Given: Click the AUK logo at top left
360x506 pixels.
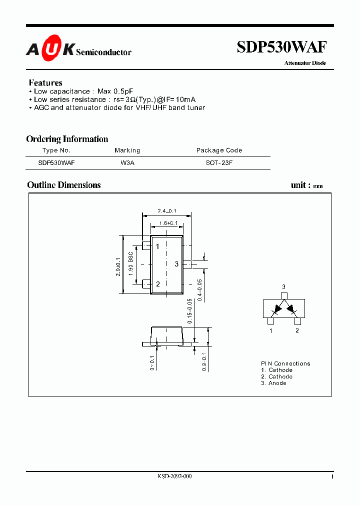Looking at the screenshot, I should point(50,49).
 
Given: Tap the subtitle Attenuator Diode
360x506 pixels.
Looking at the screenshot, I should point(305,63).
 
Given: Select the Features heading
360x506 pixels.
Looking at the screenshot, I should point(45,82).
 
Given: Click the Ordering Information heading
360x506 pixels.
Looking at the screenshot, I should point(67,139).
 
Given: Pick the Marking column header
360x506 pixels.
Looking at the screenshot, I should point(127,150).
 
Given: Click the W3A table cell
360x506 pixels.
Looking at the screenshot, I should point(127,163).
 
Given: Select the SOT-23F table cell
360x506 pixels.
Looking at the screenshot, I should point(219,163).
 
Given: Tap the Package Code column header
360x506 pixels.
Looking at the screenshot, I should point(219,150).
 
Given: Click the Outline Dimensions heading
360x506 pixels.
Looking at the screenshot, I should point(64,185).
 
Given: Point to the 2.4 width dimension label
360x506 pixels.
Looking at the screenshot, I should point(167,211).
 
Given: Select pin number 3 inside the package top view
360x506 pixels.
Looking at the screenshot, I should point(176,264).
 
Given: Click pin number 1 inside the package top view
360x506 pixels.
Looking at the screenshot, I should point(157,246).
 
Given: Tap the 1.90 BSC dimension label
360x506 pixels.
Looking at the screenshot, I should point(131,264).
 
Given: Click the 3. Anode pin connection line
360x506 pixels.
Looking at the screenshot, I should point(273,383).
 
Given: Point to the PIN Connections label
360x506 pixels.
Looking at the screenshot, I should point(285,363).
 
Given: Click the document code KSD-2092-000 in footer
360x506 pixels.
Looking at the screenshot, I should point(174,476).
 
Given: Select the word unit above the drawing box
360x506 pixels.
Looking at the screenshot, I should point(298,185).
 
